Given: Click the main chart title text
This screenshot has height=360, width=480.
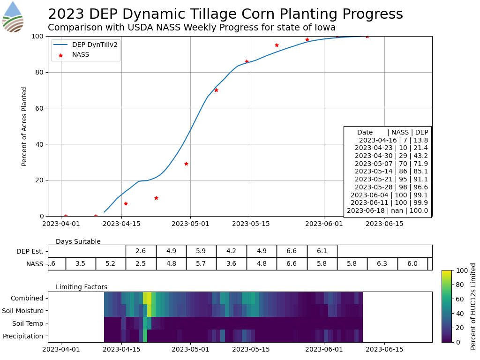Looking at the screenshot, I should pos(225,14).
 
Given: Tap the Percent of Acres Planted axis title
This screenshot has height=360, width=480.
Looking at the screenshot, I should pos(24,126).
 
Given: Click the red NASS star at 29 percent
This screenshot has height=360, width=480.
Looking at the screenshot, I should pos(186,164).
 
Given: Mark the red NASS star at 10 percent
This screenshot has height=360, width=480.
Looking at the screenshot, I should pos(156,198).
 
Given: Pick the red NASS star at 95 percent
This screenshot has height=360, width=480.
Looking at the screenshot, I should pos(277,45).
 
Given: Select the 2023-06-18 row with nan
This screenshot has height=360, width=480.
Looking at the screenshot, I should pos(387,210).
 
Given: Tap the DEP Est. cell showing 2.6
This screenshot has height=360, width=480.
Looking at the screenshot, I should pos(141,251).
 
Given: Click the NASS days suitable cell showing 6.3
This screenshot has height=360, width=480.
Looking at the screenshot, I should pos(382,264).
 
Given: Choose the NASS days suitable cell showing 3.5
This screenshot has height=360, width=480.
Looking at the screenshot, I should pos(81,264).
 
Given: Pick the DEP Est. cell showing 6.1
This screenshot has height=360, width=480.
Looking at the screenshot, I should pos(322,251).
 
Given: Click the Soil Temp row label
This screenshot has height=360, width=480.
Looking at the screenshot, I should pos(30,323).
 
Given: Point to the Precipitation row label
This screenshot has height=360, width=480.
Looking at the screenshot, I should pos(23,336).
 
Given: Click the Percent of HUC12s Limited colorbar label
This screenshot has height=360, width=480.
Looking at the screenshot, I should pos(473,306).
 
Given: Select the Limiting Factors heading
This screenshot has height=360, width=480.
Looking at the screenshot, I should pos(82,287).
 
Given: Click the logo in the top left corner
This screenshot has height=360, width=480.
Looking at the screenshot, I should pos(13,17).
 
